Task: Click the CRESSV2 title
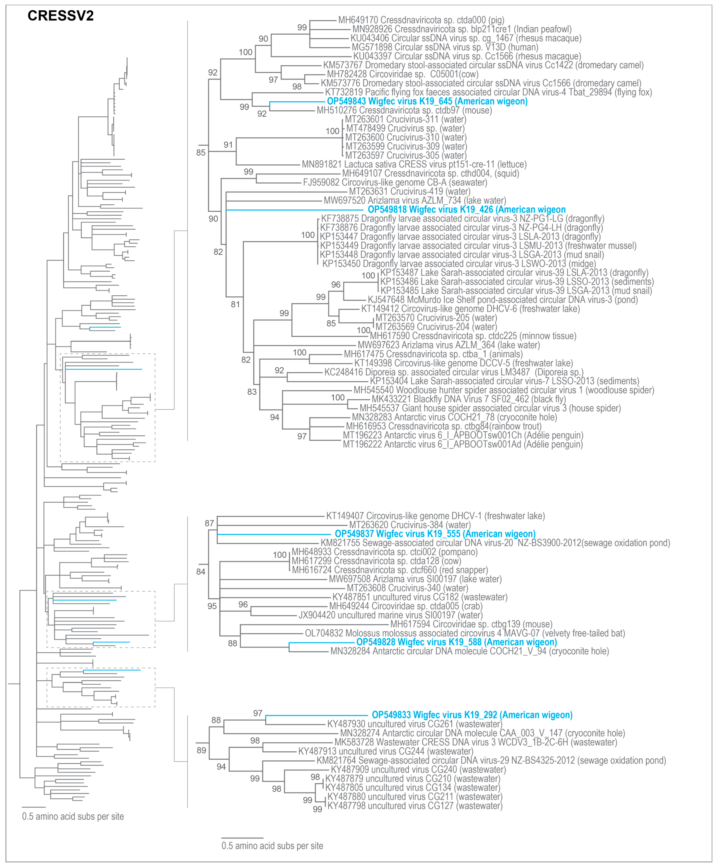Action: (61, 16)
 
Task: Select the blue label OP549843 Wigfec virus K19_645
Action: (427, 101)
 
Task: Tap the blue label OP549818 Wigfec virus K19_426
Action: (467, 210)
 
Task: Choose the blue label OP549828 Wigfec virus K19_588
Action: (456, 642)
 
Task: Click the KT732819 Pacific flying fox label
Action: (488, 92)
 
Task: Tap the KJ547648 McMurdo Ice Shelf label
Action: (502, 300)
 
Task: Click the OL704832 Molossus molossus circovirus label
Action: (465, 633)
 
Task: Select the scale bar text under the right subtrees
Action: (272, 846)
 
